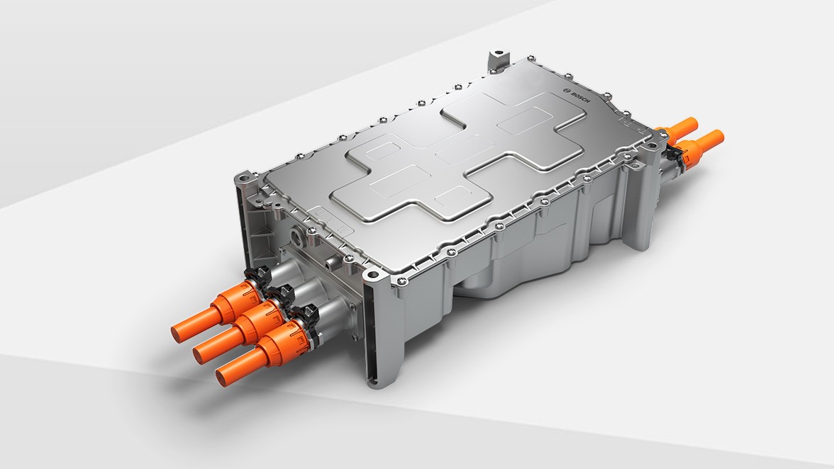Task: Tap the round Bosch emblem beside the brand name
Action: pyautogui.click(x=566, y=92)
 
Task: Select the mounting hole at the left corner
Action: pyautogui.click(x=242, y=175)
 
